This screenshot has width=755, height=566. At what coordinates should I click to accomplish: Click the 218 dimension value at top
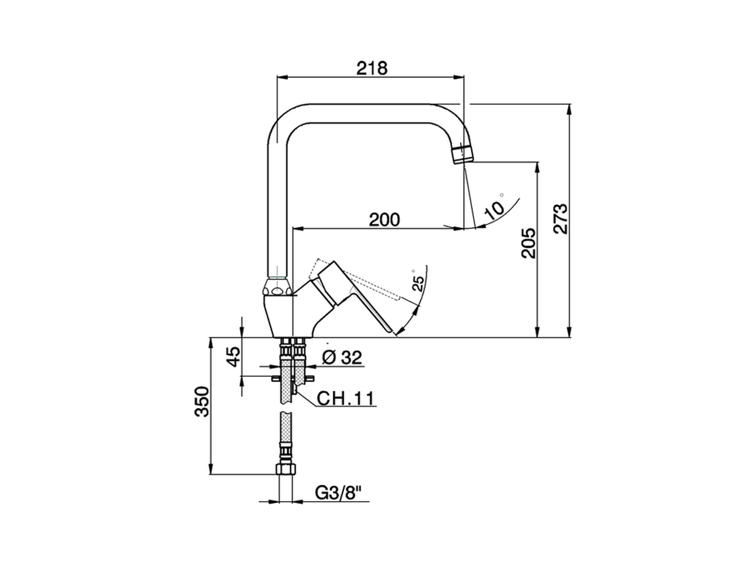click(x=372, y=68)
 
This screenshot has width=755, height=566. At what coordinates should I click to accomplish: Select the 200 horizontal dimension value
click(x=384, y=219)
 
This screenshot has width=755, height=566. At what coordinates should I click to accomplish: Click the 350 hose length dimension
click(x=202, y=402)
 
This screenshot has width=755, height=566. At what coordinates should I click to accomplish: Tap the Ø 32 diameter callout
click(x=342, y=357)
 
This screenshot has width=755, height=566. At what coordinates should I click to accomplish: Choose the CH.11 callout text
click(x=346, y=399)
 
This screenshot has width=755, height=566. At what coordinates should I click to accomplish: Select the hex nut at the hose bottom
click(x=286, y=470)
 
